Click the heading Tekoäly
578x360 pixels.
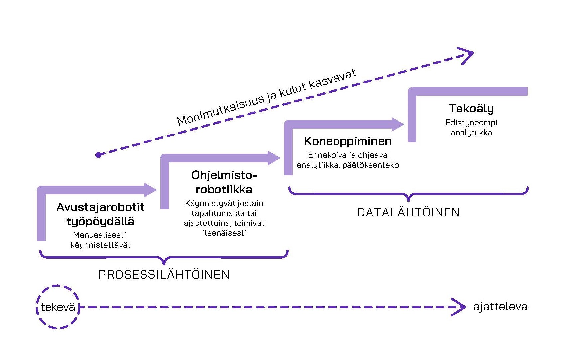tap(471, 108)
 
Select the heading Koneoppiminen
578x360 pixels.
tap(347, 141)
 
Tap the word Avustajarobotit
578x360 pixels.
tap(100, 207)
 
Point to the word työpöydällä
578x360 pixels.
tap(100, 222)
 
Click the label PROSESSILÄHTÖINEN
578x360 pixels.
tap(164, 275)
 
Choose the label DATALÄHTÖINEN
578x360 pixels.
tap(408, 212)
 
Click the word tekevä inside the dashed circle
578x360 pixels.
tap(58, 307)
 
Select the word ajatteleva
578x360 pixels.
tap(500, 306)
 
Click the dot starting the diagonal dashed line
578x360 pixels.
tap(98, 155)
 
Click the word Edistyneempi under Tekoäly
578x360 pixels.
tap(471, 123)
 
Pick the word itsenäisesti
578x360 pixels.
tap(224, 233)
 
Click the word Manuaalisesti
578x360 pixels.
tap(99, 235)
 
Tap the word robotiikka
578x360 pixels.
tap(224, 189)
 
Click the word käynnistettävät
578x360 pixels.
tap(100, 245)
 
